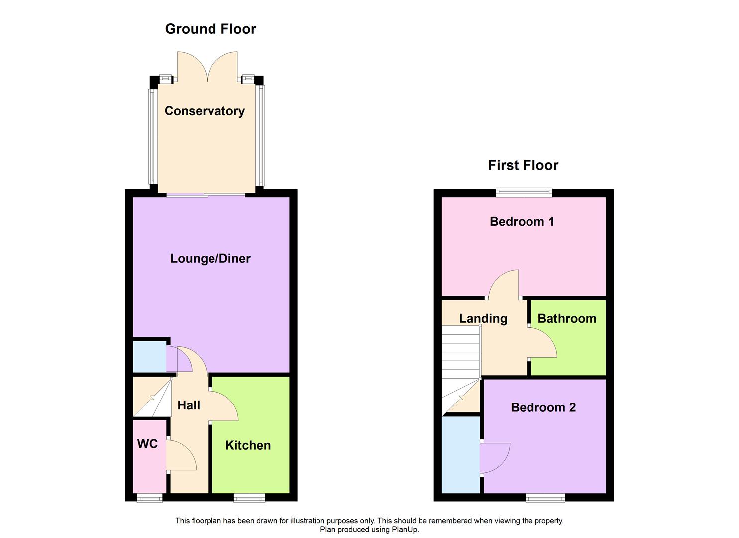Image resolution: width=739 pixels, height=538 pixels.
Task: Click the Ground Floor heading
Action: coord(211,29)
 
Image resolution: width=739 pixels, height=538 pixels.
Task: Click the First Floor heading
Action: coord(523,165)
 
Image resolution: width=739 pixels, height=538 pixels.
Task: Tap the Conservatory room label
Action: coord(205,111)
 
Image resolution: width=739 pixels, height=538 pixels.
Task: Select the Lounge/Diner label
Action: coord(210,258)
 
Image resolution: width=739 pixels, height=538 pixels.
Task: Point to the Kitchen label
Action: coord(248,445)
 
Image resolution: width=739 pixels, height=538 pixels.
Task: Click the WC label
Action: coord(147,444)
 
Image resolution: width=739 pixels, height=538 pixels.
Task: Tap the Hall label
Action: coord(189,405)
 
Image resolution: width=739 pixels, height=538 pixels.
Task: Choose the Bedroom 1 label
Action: coord(522,222)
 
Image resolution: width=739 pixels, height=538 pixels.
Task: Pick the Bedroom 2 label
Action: coord(543,407)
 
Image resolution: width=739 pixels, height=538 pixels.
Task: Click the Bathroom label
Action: coord(567,319)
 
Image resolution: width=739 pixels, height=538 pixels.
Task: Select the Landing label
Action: coord(483,319)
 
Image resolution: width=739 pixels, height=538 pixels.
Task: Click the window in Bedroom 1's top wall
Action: coord(524,192)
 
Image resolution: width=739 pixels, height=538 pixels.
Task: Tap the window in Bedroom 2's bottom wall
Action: coord(545,497)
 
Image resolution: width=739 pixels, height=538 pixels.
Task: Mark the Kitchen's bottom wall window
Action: coord(250,497)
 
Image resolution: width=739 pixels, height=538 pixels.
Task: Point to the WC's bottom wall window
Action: coord(150,497)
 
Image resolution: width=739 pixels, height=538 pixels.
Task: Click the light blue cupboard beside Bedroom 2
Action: coord(461,454)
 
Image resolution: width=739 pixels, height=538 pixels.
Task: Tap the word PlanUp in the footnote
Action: coord(405,530)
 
